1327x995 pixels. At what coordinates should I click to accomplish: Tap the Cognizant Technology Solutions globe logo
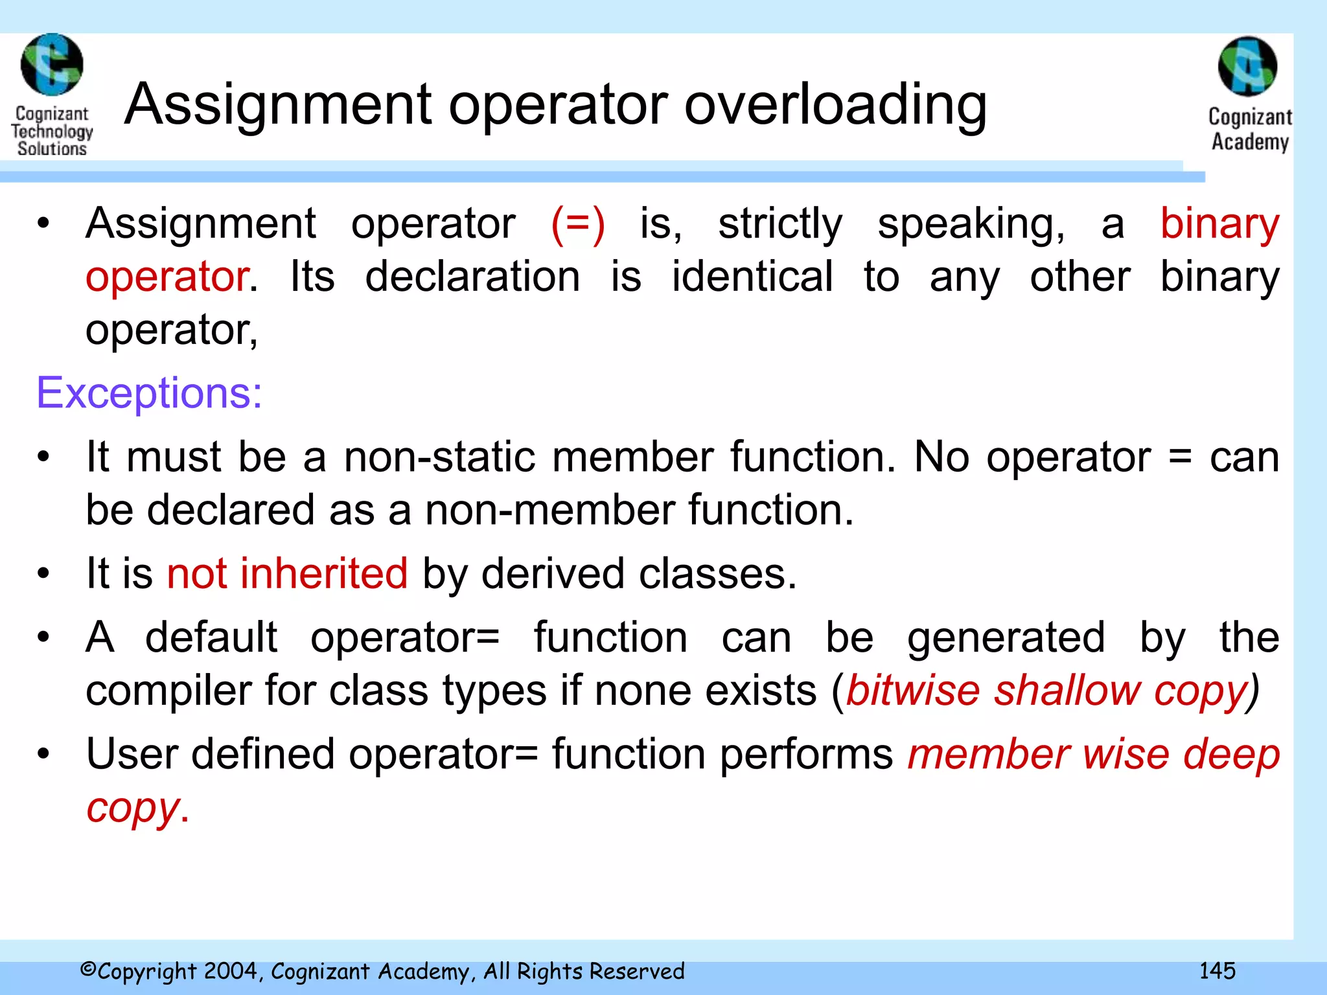pos(52,65)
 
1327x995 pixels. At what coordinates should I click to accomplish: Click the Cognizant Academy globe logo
pos(1247,66)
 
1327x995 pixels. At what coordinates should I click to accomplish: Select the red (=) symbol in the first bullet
pos(578,224)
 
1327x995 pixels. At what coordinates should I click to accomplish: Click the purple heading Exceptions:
pos(149,393)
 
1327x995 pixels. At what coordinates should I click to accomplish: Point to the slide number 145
pos(1217,970)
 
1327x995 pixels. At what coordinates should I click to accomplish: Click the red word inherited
pos(324,574)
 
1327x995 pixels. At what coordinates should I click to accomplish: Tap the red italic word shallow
pos(1067,691)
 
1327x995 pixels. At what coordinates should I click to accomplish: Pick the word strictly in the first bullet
pos(780,224)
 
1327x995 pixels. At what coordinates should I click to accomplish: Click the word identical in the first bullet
pos(752,277)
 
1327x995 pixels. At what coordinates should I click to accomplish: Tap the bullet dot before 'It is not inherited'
pos(43,574)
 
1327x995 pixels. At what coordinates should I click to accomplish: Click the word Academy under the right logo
pos(1250,142)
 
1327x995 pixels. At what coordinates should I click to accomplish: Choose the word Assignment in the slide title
pos(279,105)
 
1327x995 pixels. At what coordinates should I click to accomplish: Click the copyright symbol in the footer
pos(88,970)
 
